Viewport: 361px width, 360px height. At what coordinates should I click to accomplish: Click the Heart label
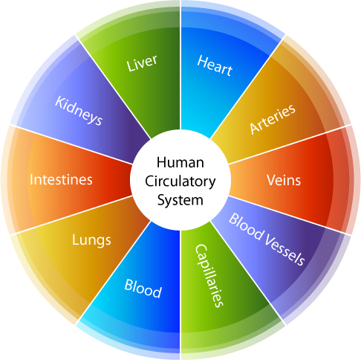pos(215,65)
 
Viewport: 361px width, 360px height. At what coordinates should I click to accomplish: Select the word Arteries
pos(273,119)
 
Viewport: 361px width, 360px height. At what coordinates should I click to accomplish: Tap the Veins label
pos(284,180)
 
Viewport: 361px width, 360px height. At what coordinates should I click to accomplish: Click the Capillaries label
pos(209,275)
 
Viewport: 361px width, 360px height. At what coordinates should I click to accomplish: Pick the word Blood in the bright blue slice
pos(143,289)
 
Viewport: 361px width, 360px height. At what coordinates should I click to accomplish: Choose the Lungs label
pos(91,240)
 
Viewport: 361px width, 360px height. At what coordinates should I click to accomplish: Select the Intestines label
pos(61,179)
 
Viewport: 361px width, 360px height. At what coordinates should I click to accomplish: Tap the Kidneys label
pos(79,111)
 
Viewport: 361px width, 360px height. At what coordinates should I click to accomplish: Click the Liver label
pos(142,62)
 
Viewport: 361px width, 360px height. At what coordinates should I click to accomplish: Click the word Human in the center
pos(180,163)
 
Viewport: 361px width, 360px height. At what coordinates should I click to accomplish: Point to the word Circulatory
pos(180,181)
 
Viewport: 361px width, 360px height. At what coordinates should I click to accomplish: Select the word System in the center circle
pos(180,200)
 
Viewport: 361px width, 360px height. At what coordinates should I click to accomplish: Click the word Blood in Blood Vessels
pos(246,227)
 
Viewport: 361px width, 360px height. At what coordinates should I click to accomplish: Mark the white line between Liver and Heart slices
pos(180,65)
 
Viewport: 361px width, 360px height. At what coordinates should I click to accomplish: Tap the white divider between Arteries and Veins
pos(290,144)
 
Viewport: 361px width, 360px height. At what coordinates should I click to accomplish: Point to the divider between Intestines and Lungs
pos(71,215)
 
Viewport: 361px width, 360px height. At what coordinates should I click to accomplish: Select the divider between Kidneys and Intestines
pos(71,144)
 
